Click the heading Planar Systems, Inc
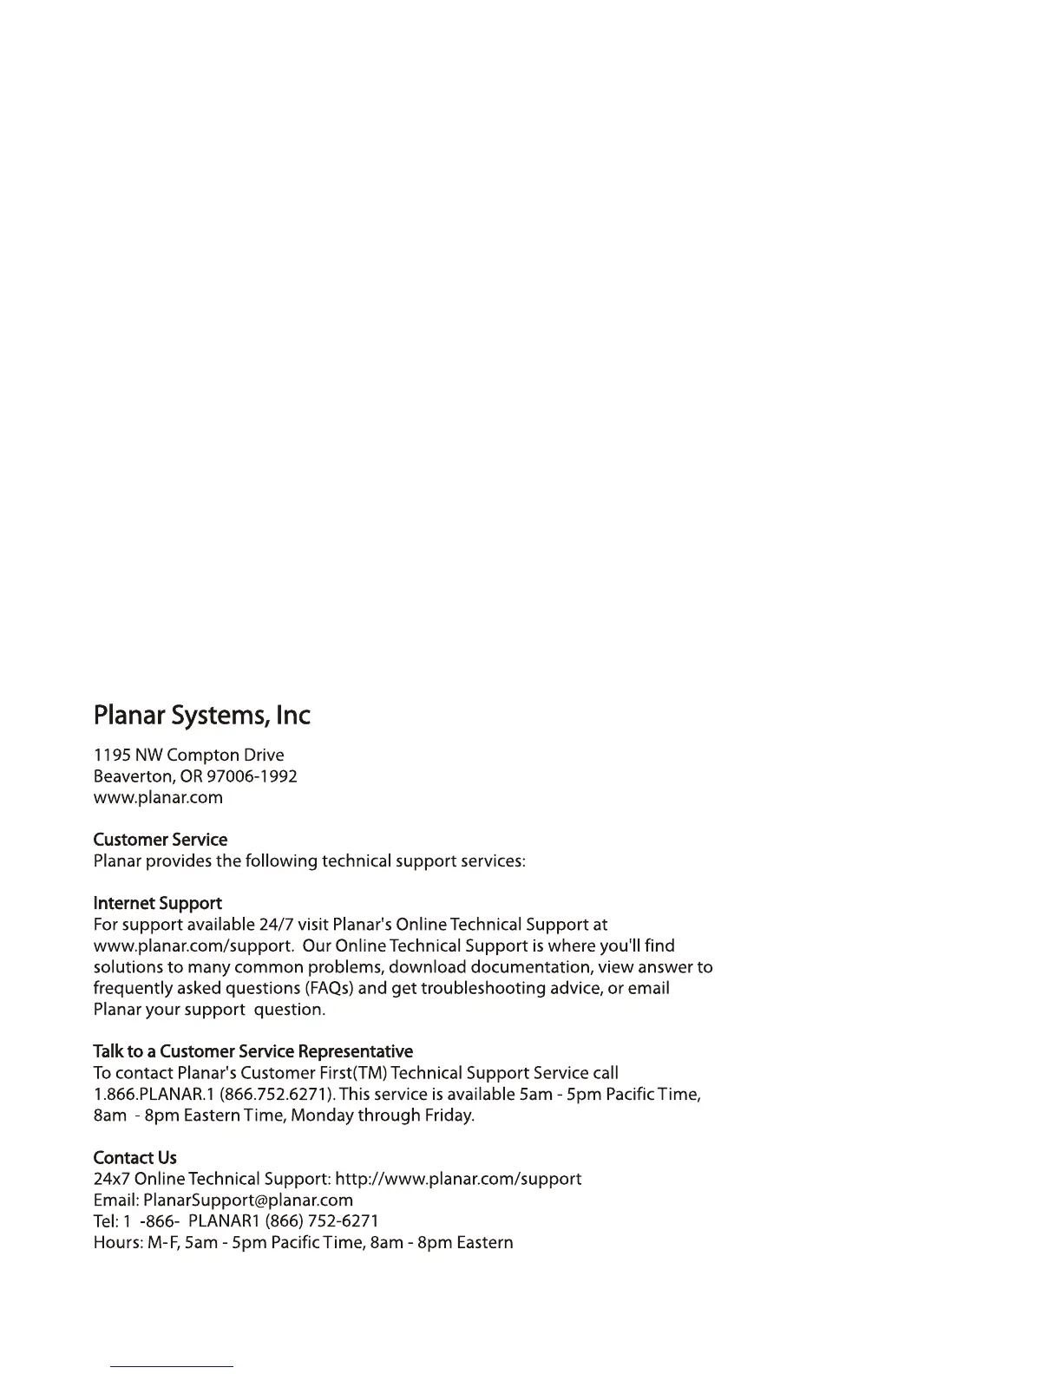click(x=201, y=716)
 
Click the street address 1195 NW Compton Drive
click(x=188, y=756)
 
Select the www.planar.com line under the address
click(x=158, y=797)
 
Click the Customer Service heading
click(x=160, y=840)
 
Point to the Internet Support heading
click(x=157, y=903)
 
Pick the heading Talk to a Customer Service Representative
click(x=252, y=1051)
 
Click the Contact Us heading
click(x=134, y=1157)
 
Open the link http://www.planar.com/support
click(x=458, y=1179)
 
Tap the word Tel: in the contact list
click(x=105, y=1221)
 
